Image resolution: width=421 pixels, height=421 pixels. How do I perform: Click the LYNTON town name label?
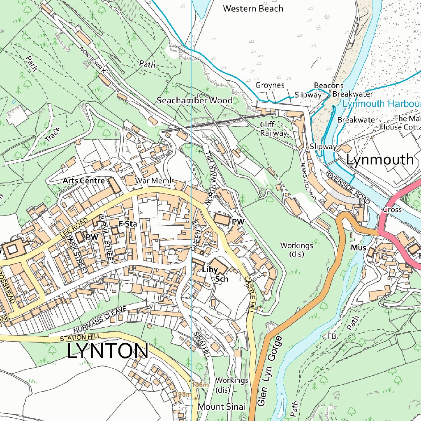[x=108, y=352]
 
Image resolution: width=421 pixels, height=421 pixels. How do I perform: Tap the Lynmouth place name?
[x=380, y=160]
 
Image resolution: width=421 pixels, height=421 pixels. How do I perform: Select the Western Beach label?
[x=253, y=8]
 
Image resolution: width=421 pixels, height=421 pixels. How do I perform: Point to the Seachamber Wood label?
[x=194, y=100]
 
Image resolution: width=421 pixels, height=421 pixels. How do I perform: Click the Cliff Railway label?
[x=273, y=129]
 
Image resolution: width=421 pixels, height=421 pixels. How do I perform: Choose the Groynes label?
[x=270, y=85]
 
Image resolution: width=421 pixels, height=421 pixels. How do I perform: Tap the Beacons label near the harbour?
[x=328, y=86]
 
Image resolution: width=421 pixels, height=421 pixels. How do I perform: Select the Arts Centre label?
[x=84, y=180]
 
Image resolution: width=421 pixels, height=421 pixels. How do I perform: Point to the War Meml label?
[x=153, y=181]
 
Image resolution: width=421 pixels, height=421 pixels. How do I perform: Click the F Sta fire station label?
[x=127, y=224]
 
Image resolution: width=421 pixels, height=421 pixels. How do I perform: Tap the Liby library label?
[x=210, y=270]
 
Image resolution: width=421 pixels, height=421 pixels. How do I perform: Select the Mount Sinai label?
[x=222, y=407]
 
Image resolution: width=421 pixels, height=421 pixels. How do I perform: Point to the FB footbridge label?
[x=331, y=336]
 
